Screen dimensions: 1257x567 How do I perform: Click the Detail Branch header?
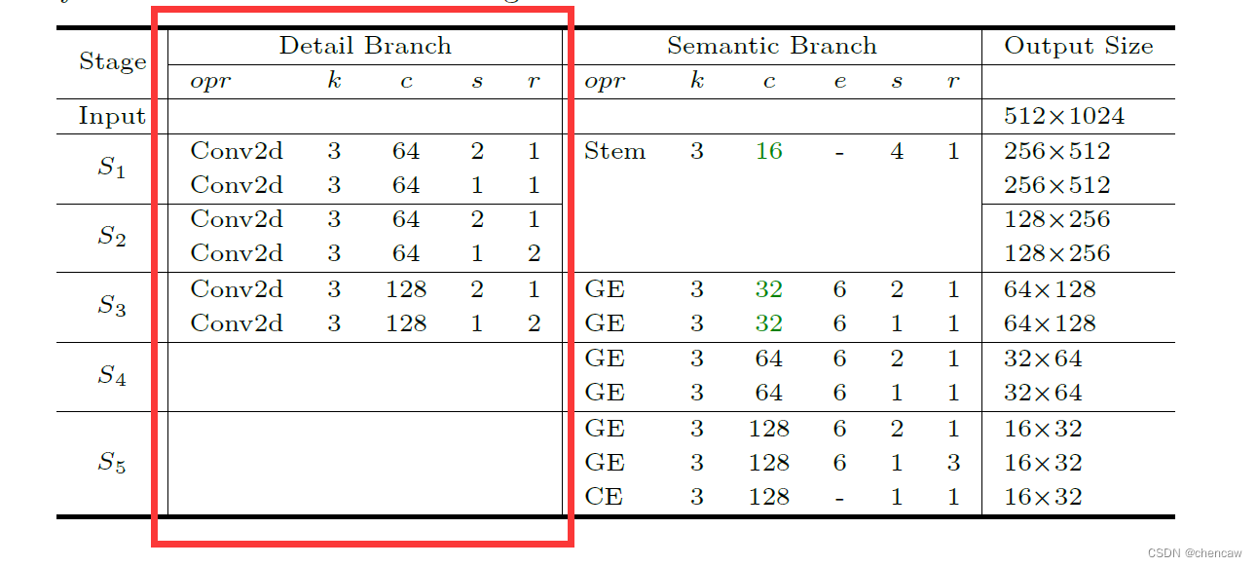pyautogui.click(x=365, y=46)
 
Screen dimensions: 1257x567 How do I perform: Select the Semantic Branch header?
pyautogui.click(x=771, y=46)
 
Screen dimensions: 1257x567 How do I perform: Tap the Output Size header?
pyautogui.click(x=1078, y=46)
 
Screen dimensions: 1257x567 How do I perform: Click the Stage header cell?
pyautogui.click(x=112, y=62)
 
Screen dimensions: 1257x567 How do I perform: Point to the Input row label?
pyautogui.click(x=112, y=117)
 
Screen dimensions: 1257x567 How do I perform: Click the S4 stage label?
pyautogui.click(x=112, y=376)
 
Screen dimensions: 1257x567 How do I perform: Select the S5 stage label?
pyautogui.click(x=112, y=463)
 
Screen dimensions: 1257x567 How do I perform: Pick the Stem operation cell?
pyautogui.click(x=614, y=151)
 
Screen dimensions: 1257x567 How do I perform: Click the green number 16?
pyautogui.click(x=768, y=151)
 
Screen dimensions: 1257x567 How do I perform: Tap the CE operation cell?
pyautogui.click(x=604, y=497)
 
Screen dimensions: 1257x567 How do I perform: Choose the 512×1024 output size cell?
pyautogui.click(x=1063, y=117)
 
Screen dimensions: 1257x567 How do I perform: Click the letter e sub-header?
pyautogui.click(x=839, y=82)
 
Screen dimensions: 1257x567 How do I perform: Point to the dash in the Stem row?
pyautogui.click(x=839, y=152)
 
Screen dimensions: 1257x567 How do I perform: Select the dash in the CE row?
pyautogui.click(x=839, y=498)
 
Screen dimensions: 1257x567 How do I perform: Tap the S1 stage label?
pyautogui.click(x=112, y=169)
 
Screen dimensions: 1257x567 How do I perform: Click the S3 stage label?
pyautogui.click(x=112, y=307)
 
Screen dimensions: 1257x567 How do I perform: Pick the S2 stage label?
pyautogui.click(x=112, y=238)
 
